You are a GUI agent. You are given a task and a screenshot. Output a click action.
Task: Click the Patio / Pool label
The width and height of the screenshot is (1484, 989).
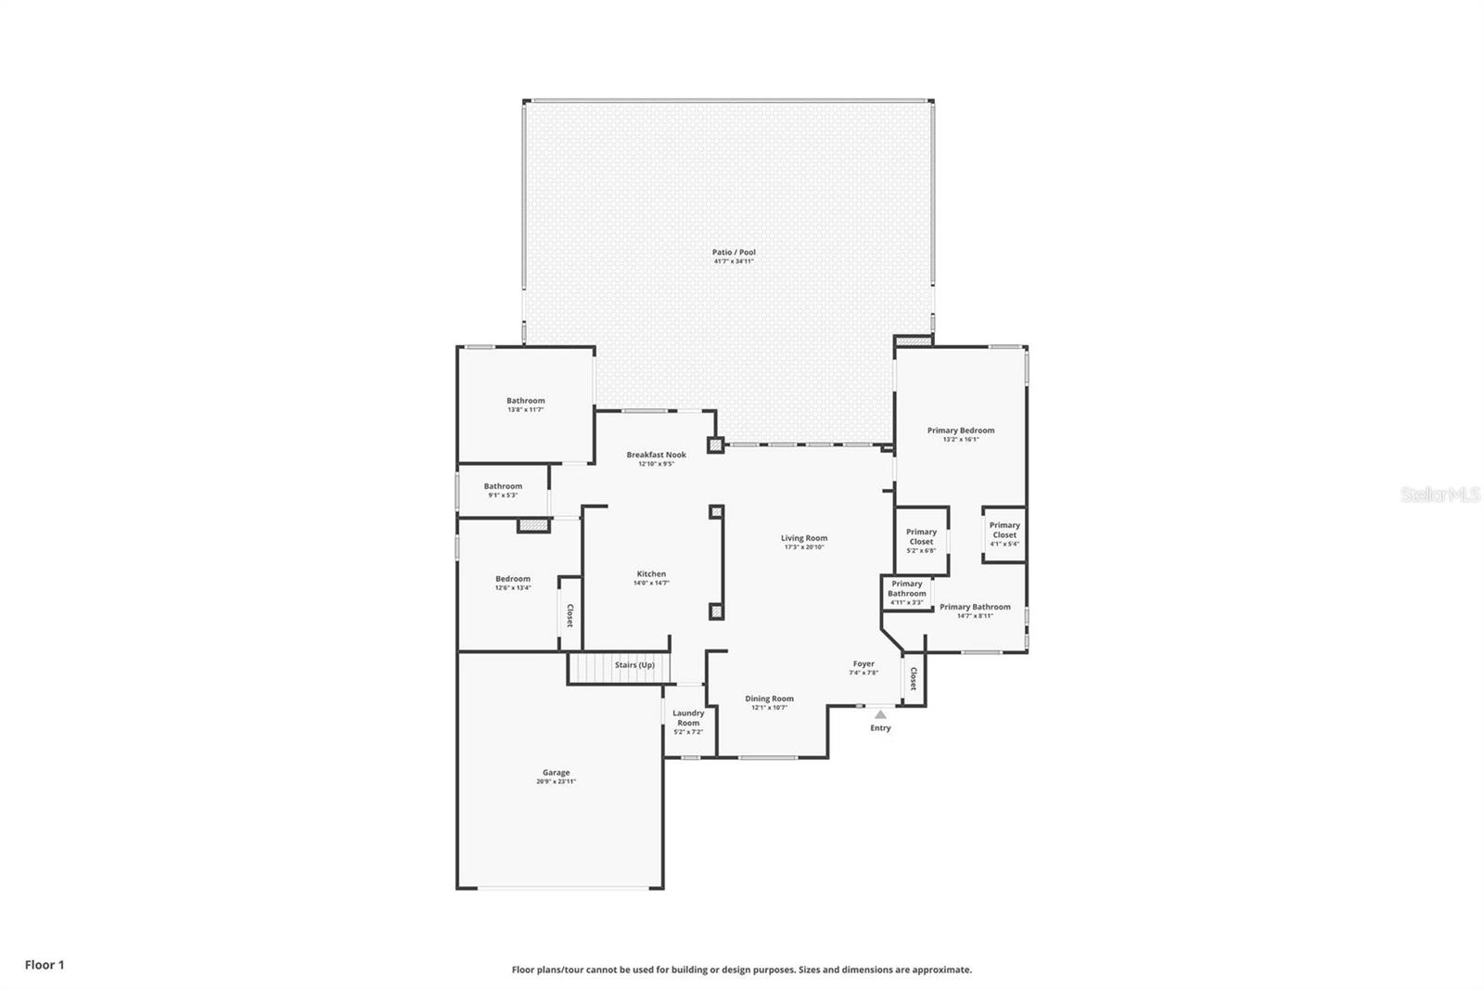click(x=734, y=252)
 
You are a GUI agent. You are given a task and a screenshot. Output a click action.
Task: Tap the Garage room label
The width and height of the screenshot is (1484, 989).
click(x=556, y=773)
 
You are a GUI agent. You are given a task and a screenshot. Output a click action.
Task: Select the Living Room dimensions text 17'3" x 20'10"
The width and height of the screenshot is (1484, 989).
click(x=803, y=547)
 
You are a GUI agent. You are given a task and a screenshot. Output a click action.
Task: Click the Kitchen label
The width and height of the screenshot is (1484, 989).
click(x=651, y=574)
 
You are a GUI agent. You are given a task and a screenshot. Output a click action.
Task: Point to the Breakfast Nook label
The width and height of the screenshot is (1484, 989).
click(x=656, y=455)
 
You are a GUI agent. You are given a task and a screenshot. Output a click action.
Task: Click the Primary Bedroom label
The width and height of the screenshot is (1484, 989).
click(x=961, y=430)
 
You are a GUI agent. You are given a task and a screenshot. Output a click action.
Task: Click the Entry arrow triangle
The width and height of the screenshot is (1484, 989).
click(x=880, y=714)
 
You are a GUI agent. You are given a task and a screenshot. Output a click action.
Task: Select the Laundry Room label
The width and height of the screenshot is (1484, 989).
click(x=688, y=718)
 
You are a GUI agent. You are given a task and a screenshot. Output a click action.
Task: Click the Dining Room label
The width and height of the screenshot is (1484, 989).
click(x=770, y=699)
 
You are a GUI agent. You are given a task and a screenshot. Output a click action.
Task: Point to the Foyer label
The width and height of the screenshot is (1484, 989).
click(x=864, y=664)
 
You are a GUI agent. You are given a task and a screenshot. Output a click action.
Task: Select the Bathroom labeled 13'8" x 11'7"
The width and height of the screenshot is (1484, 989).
click(x=526, y=402)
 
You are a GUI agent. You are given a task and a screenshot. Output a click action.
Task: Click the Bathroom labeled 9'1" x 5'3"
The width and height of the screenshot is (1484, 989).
click(x=503, y=487)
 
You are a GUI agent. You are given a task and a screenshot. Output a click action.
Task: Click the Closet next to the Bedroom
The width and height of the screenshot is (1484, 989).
click(x=569, y=616)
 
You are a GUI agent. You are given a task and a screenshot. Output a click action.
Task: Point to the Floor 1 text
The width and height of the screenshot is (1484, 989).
click(x=45, y=965)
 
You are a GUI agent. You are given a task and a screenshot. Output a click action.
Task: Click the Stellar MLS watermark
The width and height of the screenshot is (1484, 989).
click(x=1439, y=495)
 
